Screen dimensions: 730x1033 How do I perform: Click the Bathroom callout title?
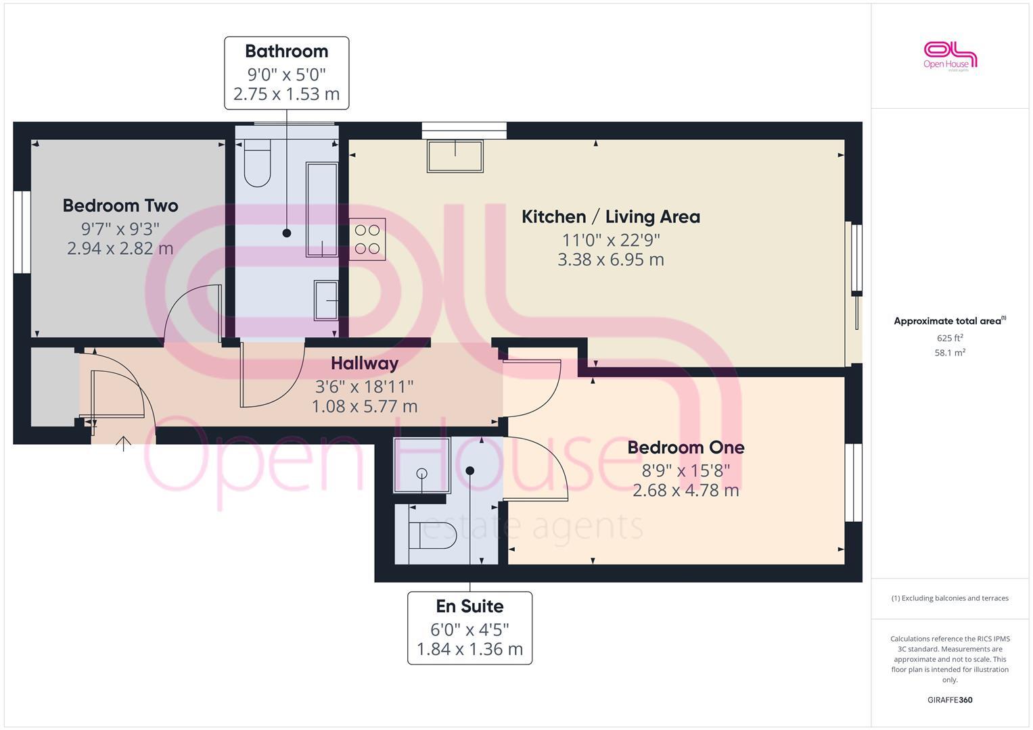pyautogui.click(x=286, y=51)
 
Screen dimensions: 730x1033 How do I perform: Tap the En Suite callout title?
pyautogui.click(x=469, y=606)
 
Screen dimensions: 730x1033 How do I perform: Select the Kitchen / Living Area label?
pyautogui.click(x=610, y=217)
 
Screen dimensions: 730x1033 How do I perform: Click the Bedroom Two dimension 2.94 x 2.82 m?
pyautogui.click(x=120, y=249)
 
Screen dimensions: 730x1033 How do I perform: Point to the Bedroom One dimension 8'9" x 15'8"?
pyautogui.click(x=685, y=470)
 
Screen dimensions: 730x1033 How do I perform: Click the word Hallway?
pyautogui.click(x=364, y=364)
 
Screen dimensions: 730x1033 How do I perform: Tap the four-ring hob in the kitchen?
pyautogui.click(x=367, y=239)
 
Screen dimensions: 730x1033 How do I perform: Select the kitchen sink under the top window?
pyautogui.click(x=455, y=156)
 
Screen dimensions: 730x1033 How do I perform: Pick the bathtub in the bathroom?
pyautogui.click(x=322, y=210)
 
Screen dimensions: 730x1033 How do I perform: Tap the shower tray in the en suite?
pyautogui.click(x=421, y=465)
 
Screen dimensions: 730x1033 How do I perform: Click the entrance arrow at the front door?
pyautogui.click(x=123, y=443)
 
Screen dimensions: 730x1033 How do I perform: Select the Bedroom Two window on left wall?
pyautogui.click(x=22, y=232)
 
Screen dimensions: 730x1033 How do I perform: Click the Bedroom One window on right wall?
pyautogui.click(x=853, y=483)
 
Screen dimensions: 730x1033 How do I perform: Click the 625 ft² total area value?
pyautogui.click(x=950, y=338)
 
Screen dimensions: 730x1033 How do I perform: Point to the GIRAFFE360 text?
pyautogui.click(x=950, y=700)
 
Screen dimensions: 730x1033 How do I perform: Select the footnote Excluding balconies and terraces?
pyautogui.click(x=950, y=598)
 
